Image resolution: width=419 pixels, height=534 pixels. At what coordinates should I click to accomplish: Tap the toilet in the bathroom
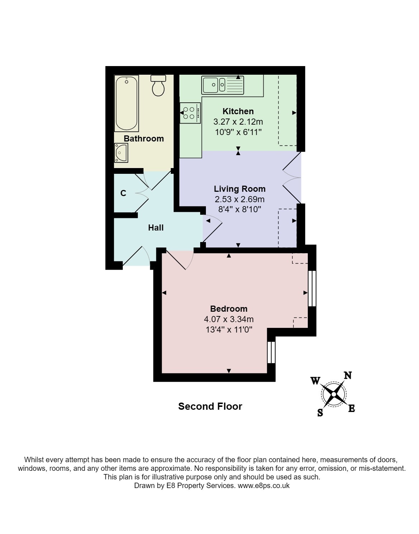tap(158, 85)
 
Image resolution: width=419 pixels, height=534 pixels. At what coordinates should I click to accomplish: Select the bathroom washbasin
tap(121, 153)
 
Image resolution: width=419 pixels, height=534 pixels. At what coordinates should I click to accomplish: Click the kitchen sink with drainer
tap(223, 85)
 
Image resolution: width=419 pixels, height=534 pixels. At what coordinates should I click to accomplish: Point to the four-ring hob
tap(190, 113)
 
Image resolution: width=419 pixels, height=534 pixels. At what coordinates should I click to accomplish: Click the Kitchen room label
tap(238, 111)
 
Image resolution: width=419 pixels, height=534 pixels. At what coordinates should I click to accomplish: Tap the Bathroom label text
tap(144, 139)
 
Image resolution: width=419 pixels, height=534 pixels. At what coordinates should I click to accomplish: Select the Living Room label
tap(240, 189)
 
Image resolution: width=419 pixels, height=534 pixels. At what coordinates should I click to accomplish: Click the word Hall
tap(156, 228)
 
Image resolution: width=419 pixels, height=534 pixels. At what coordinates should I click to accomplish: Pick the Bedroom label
tap(229, 308)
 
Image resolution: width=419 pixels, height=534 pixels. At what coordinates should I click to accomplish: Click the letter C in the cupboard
tap(123, 193)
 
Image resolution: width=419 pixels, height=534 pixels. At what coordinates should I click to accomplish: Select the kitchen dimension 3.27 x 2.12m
tap(238, 122)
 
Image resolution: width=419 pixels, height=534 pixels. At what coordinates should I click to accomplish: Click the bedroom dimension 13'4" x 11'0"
tap(229, 330)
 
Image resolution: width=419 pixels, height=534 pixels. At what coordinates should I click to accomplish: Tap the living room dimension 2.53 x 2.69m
tap(240, 199)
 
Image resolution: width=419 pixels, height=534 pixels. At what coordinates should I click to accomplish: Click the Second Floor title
tap(210, 407)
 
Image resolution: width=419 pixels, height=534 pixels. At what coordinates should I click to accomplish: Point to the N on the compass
tap(348, 375)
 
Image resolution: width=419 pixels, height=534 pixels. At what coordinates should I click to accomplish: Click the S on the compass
tap(320, 413)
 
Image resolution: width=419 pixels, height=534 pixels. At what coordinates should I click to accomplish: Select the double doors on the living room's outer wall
tap(292, 177)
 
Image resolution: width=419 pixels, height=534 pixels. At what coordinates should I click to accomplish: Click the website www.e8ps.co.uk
tap(264, 486)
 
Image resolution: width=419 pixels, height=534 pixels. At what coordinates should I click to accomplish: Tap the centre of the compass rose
tap(334, 394)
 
